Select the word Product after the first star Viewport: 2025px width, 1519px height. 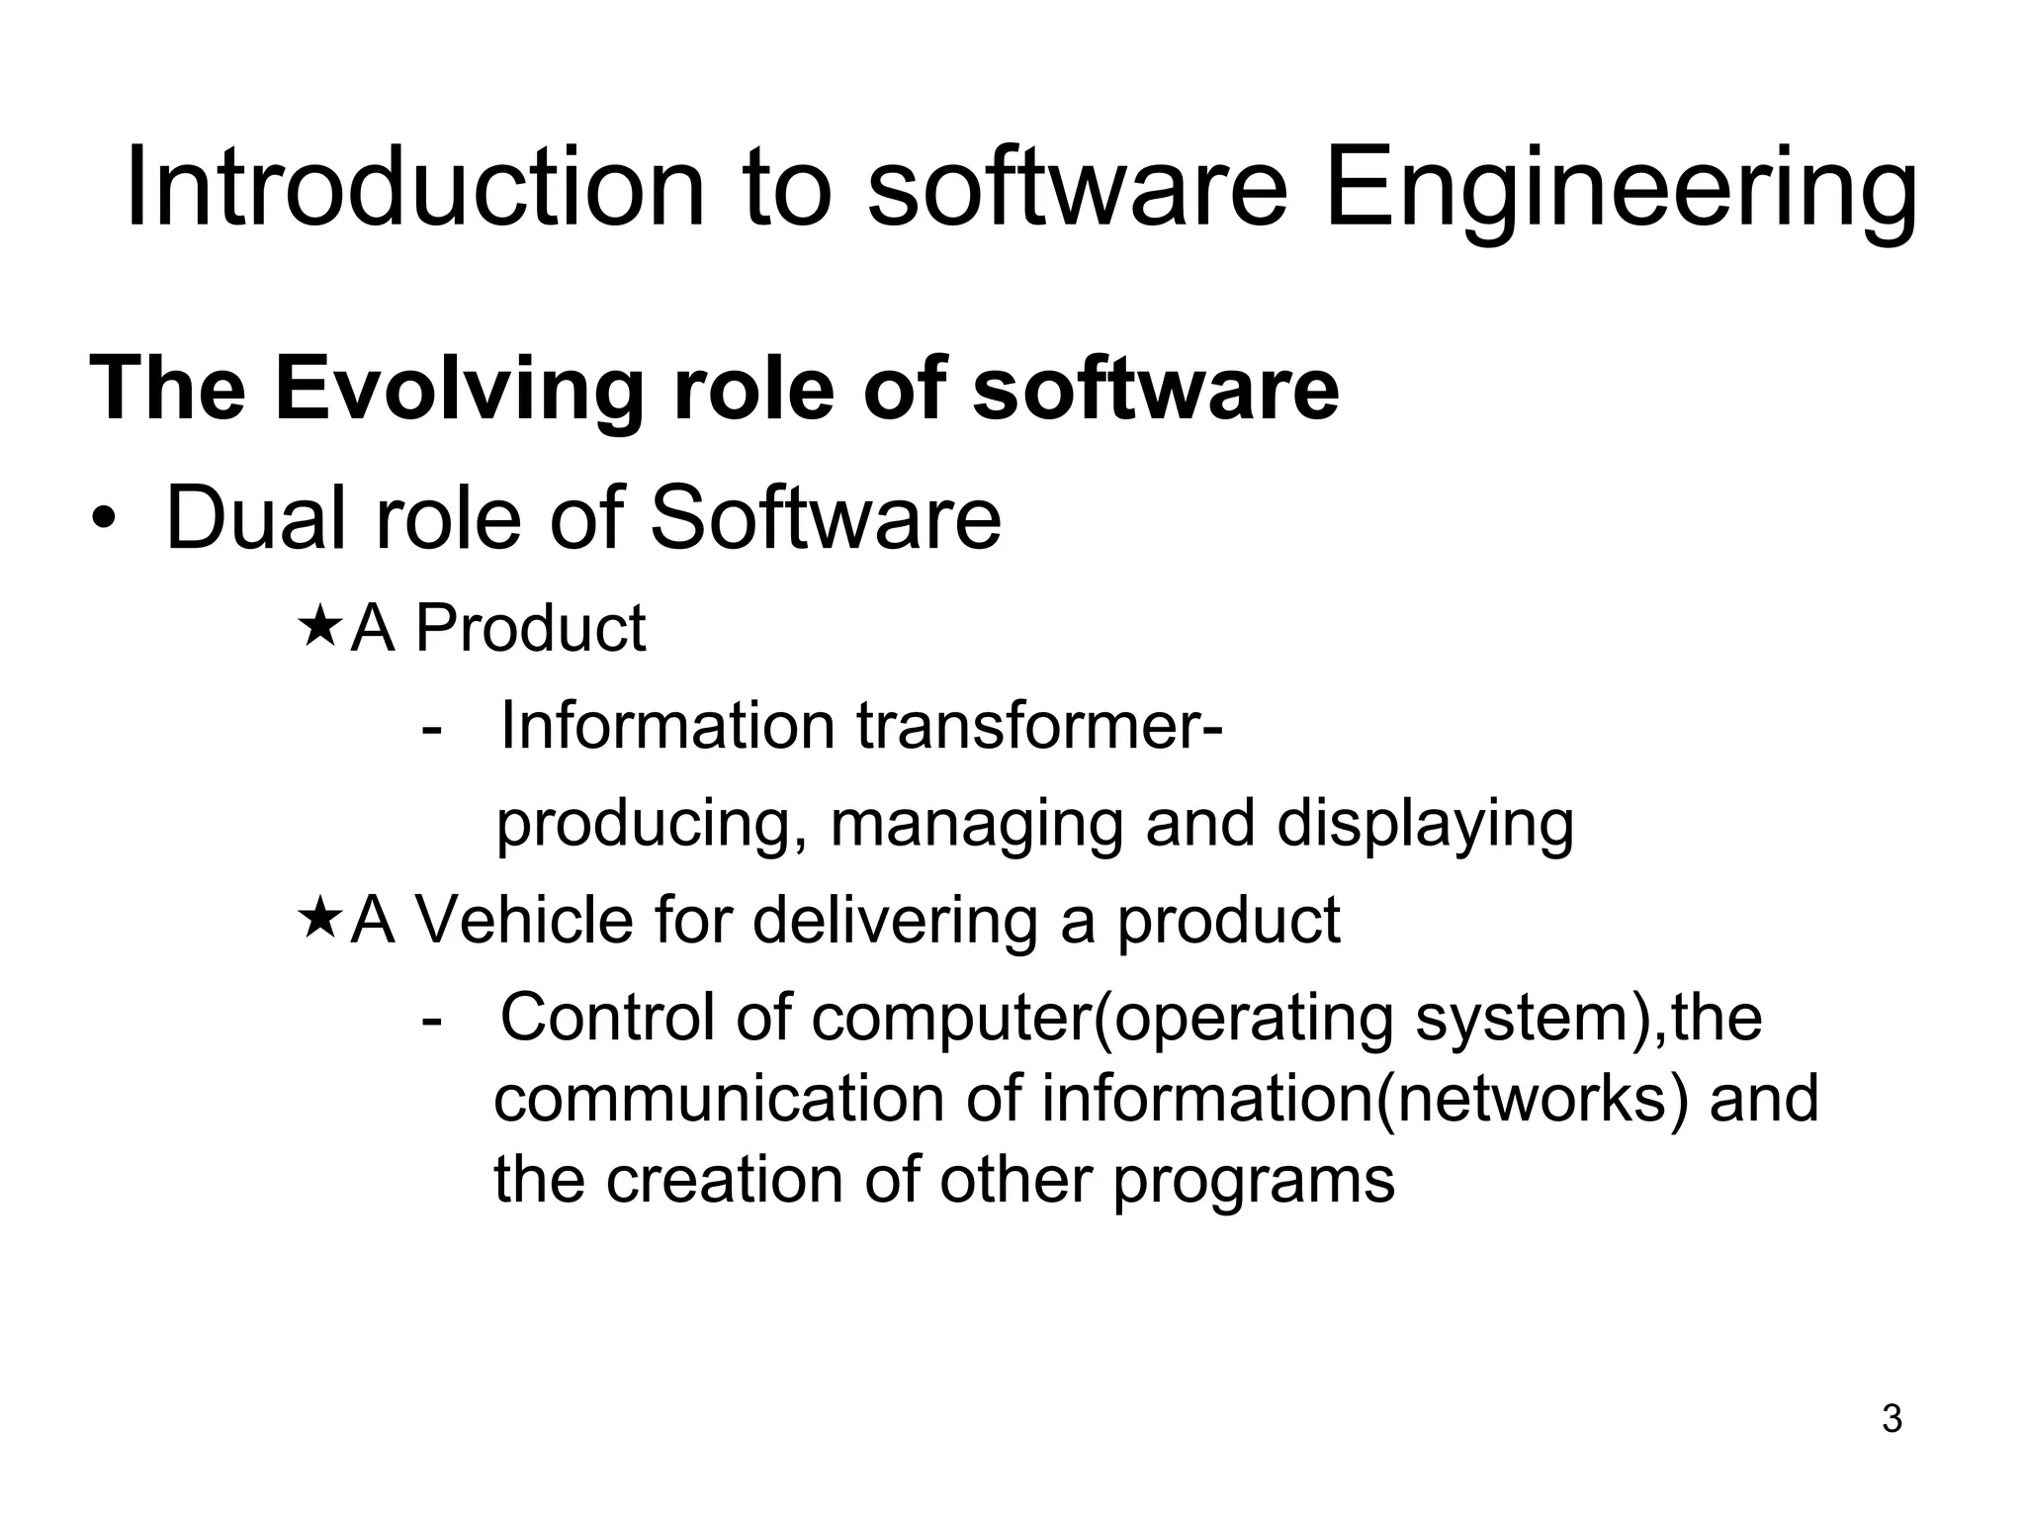[x=530, y=628]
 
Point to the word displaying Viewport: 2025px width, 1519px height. [x=1425, y=826]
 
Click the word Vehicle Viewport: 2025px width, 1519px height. [x=524, y=920]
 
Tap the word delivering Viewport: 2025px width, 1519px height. [x=896, y=920]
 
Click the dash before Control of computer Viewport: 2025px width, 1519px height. [x=431, y=1019]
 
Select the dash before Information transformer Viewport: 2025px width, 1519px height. [x=431, y=729]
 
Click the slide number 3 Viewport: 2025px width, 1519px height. [x=1892, y=1419]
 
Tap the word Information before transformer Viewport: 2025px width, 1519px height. [x=668, y=726]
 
